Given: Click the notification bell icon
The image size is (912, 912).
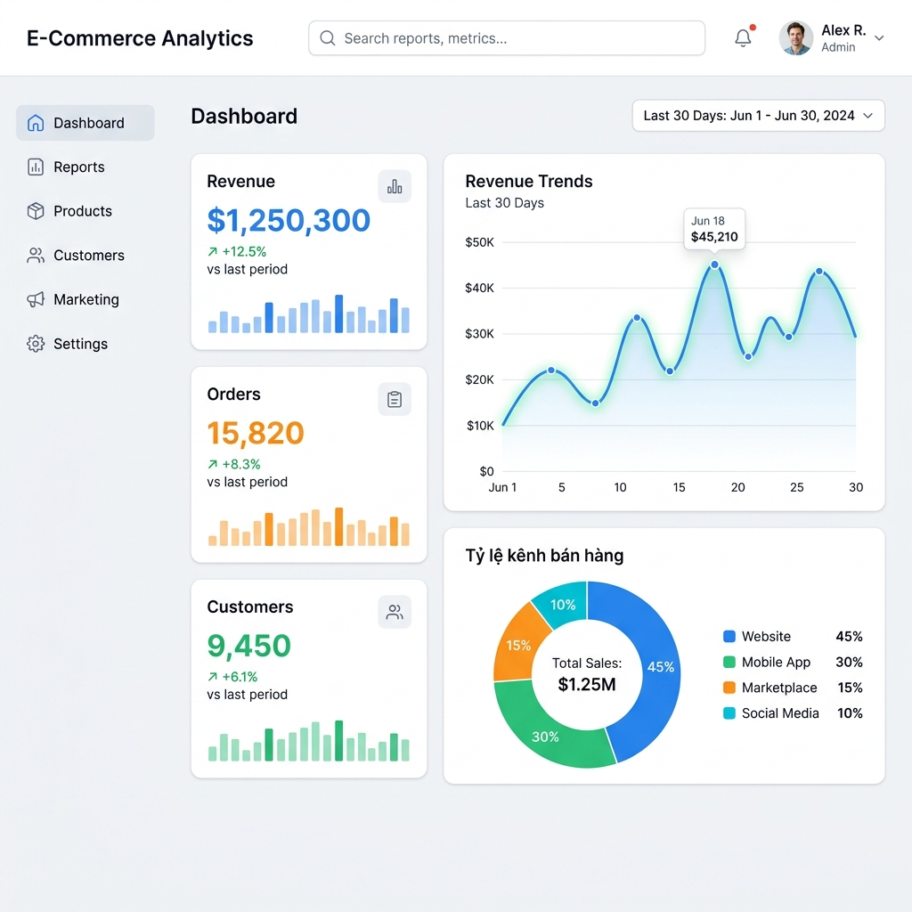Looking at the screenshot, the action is click(743, 37).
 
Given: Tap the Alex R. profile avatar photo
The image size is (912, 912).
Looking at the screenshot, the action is click(795, 37).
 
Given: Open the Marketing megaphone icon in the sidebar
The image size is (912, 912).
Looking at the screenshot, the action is click(36, 299).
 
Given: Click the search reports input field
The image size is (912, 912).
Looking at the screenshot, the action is click(507, 38).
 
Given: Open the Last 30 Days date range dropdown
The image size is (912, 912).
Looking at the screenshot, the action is click(759, 116).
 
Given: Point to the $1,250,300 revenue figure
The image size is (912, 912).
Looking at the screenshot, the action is click(289, 221).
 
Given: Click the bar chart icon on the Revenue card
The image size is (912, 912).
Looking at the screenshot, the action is click(395, 186).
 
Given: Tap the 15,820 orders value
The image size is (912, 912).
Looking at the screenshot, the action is click(256, 433).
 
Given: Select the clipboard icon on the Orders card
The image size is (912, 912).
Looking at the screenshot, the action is click(395, 399).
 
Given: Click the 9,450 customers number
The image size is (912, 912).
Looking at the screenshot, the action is click(249, 646).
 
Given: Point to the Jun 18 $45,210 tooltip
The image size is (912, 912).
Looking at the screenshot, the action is click(714, 229).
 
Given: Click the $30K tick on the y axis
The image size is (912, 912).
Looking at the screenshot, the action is click(479, 334).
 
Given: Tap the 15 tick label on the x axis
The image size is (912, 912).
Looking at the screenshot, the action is click(679, 487).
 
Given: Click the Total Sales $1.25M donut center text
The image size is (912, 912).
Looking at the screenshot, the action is click(587, 675).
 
